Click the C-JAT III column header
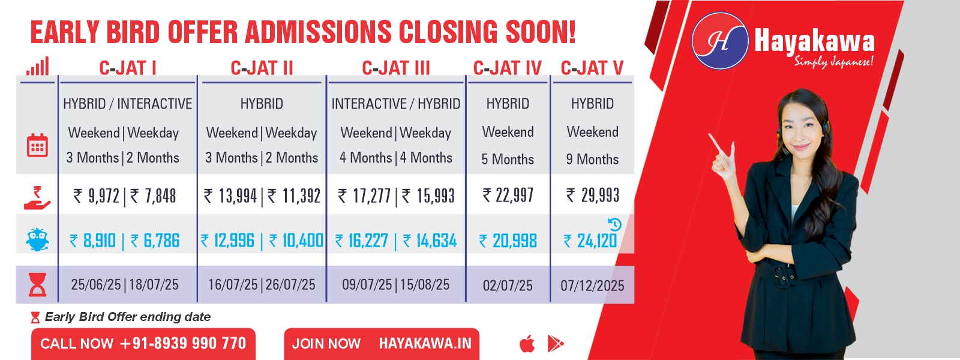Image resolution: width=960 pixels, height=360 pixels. click(x=395, y=68)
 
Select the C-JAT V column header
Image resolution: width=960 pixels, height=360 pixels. click(x=592, y=68)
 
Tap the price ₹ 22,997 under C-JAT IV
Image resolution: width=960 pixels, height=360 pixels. click(x=508, y=196)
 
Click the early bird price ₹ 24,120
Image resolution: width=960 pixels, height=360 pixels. click(x=590, y=241)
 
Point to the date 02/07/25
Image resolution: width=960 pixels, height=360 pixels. click(x=508, y=286)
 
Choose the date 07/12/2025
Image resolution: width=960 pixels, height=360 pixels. click(x=592, y=286)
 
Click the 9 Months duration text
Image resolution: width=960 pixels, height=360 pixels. click(x=592, y=160)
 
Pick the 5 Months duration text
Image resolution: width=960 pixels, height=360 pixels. click(x=508, y=160)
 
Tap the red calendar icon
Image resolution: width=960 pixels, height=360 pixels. click(x=37, y=145)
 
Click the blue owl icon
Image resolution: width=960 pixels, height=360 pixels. click(x=37, y=239)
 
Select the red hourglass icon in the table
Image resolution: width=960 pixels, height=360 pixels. click(x=37, y=285)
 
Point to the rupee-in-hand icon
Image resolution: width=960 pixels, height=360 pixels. click(x=37, y=197)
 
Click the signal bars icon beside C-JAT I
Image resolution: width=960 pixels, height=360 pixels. click(x=38, y=67)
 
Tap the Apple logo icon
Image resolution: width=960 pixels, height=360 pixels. click(x=527, y=344)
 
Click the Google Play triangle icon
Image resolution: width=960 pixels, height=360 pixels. click(x=556, y=344)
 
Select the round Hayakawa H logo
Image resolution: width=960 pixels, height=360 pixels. click(x=720, y=41)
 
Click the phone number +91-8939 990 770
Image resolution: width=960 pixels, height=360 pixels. click(x=183, y=343)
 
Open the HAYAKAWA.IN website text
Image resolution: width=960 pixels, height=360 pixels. click(x=425, y=343)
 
